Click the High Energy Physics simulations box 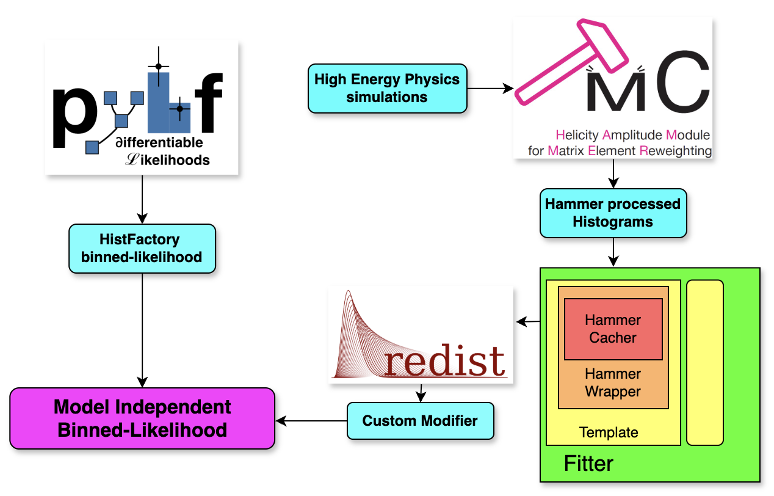tap(387, 88)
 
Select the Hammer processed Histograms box tap(613, 213)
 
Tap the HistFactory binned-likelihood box tap(142, 248)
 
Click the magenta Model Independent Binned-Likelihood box tap(142, 418)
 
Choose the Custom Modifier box tap(420, 420)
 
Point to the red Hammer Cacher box tap(613, 329)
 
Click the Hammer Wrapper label tap(613, 382)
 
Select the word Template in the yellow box tap(609, 433)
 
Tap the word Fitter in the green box tap(588, 463)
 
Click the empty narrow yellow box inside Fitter tap(704, 362)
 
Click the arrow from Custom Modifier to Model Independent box tap(311, 420)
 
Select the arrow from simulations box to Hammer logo tap(490, 89)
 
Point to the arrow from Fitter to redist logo tap(528, 321)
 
